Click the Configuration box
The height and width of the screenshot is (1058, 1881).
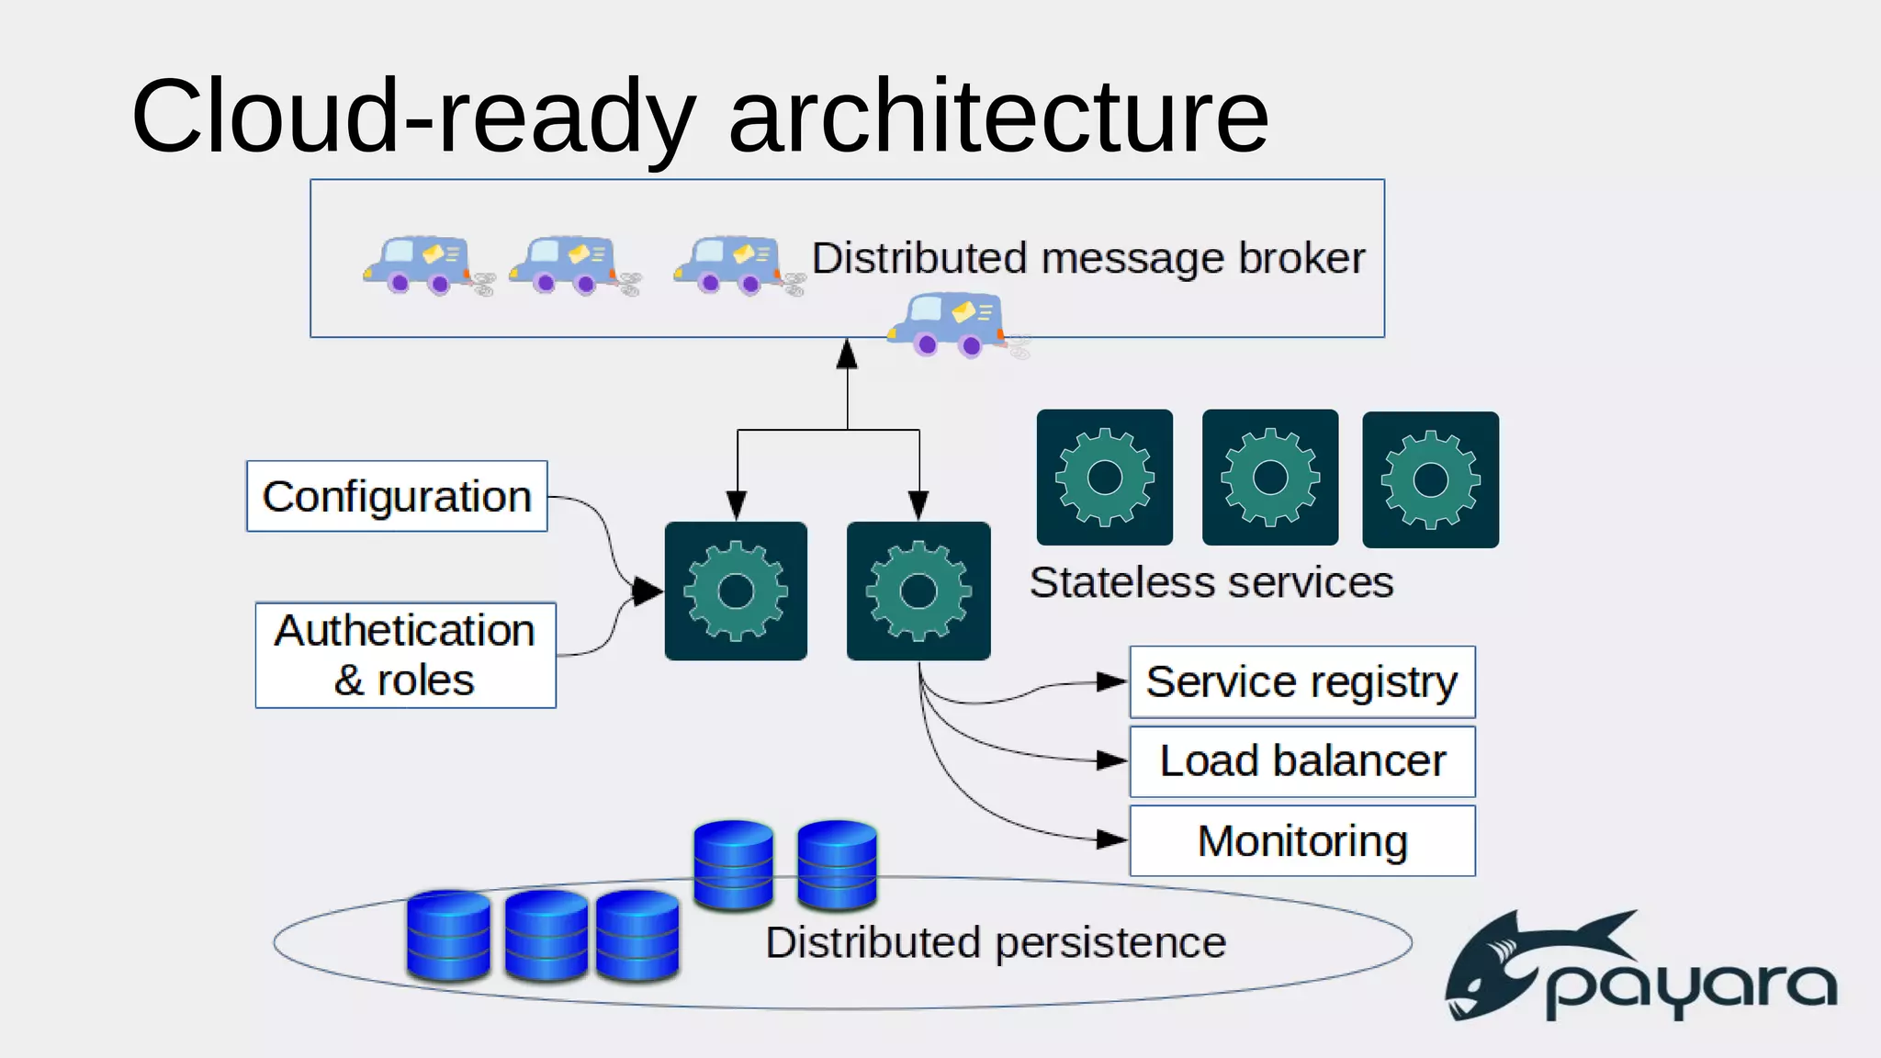397,496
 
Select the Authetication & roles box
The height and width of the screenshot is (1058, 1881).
405,655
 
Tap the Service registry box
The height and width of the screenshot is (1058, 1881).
1301,682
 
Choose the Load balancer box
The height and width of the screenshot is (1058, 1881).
1301,761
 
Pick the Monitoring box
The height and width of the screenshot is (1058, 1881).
1301,841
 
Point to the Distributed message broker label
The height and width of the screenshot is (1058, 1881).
1088,258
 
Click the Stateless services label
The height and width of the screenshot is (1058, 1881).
1211,582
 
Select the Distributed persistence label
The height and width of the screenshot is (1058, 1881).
996,943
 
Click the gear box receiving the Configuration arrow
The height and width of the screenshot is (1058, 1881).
736,591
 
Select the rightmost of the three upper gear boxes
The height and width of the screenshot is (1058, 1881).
1430,479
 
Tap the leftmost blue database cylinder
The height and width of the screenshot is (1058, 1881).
448,935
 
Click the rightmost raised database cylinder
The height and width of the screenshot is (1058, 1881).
837,865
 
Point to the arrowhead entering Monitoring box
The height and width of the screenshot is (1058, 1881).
1111,839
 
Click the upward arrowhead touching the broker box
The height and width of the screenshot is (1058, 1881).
847,355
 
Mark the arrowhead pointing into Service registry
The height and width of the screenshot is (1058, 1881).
1111,681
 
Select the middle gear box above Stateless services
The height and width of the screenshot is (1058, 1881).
1269,478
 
